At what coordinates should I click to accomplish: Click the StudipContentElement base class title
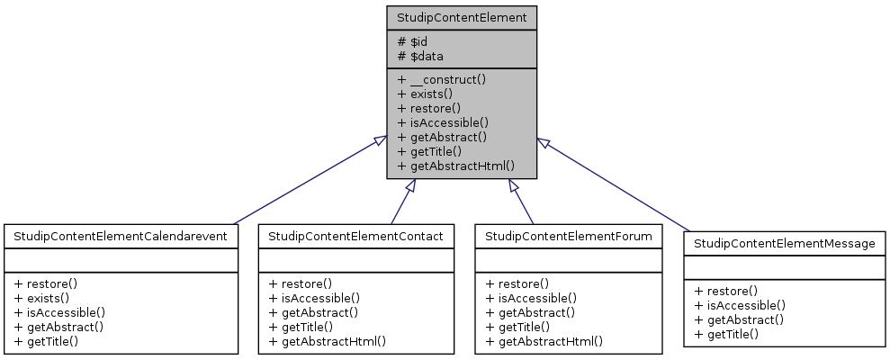click(462, 17)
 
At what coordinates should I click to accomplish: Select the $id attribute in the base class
click(414, 41)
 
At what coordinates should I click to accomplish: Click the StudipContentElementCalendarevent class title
click(121, 236)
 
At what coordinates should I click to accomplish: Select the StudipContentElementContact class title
click(355, 236)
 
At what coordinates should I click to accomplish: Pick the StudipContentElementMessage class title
click(784, 243)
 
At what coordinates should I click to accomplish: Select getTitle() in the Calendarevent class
click(46, 341)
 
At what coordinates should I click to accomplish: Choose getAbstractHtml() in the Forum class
click(544, 341)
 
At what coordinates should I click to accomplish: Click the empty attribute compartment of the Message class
click(784, 267)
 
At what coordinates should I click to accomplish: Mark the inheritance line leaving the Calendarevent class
click(306, 183)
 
